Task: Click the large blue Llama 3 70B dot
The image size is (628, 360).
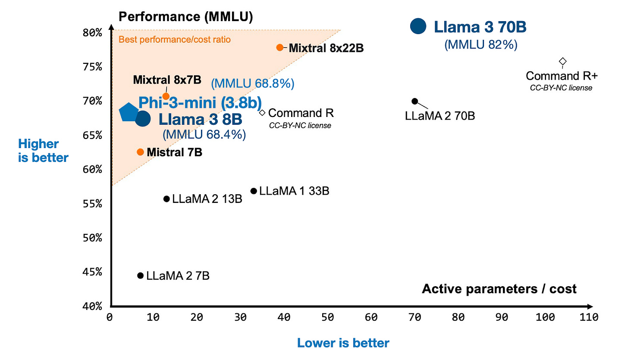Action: click(x=418, y=26)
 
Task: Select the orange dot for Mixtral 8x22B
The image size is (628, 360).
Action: click(x=280, y=47)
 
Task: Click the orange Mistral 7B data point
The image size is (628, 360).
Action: click(x=140, y=152)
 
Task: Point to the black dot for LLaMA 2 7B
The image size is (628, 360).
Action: click(x=140, y=275)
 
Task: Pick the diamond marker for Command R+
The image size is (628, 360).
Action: click(x=562, y=61)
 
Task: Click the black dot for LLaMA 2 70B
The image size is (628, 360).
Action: click(x=414, y=101)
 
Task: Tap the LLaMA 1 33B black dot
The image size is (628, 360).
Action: click(x=254, y=191)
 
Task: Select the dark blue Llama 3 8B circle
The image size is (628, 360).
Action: click(x=143, y=118)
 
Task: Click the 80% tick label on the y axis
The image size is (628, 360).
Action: click(x=92, y=33)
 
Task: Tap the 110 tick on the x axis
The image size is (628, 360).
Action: click(x=589, y=317)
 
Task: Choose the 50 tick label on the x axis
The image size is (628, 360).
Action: click(x=327, y=317)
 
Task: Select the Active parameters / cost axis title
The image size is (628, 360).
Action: click(x=499, y=289)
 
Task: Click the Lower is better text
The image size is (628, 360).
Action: click(x=343, y=343)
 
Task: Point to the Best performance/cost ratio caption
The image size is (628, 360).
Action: click(x=175, y=40)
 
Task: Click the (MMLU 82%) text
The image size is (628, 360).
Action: click(x=480, y=44)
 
